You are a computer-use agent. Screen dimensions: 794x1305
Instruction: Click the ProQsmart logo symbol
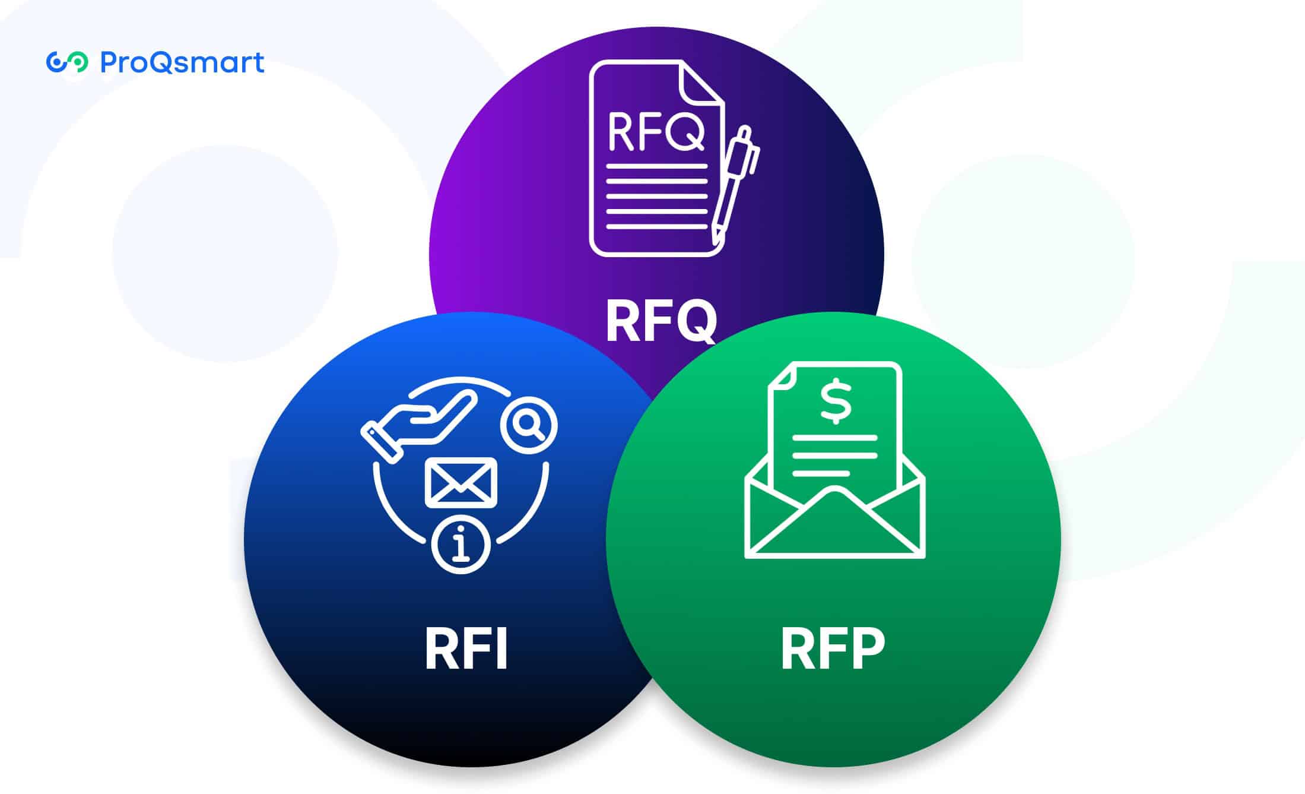tap(67, 62)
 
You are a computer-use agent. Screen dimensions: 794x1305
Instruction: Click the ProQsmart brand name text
tap(182, 62)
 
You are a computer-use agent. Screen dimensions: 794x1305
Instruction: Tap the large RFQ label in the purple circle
tap(661, 321)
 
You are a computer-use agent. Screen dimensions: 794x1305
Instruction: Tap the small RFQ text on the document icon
tap(656, 132)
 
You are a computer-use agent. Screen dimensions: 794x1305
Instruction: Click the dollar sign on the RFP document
tap(836, 401)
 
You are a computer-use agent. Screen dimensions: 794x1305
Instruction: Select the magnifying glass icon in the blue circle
tap(528, 425)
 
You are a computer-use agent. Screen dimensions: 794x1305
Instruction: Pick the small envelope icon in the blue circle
tap(461, 483)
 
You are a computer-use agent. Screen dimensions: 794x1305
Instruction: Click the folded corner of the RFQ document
tap(700, 83)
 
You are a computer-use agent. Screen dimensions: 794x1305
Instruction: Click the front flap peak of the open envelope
tap(834, 492)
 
